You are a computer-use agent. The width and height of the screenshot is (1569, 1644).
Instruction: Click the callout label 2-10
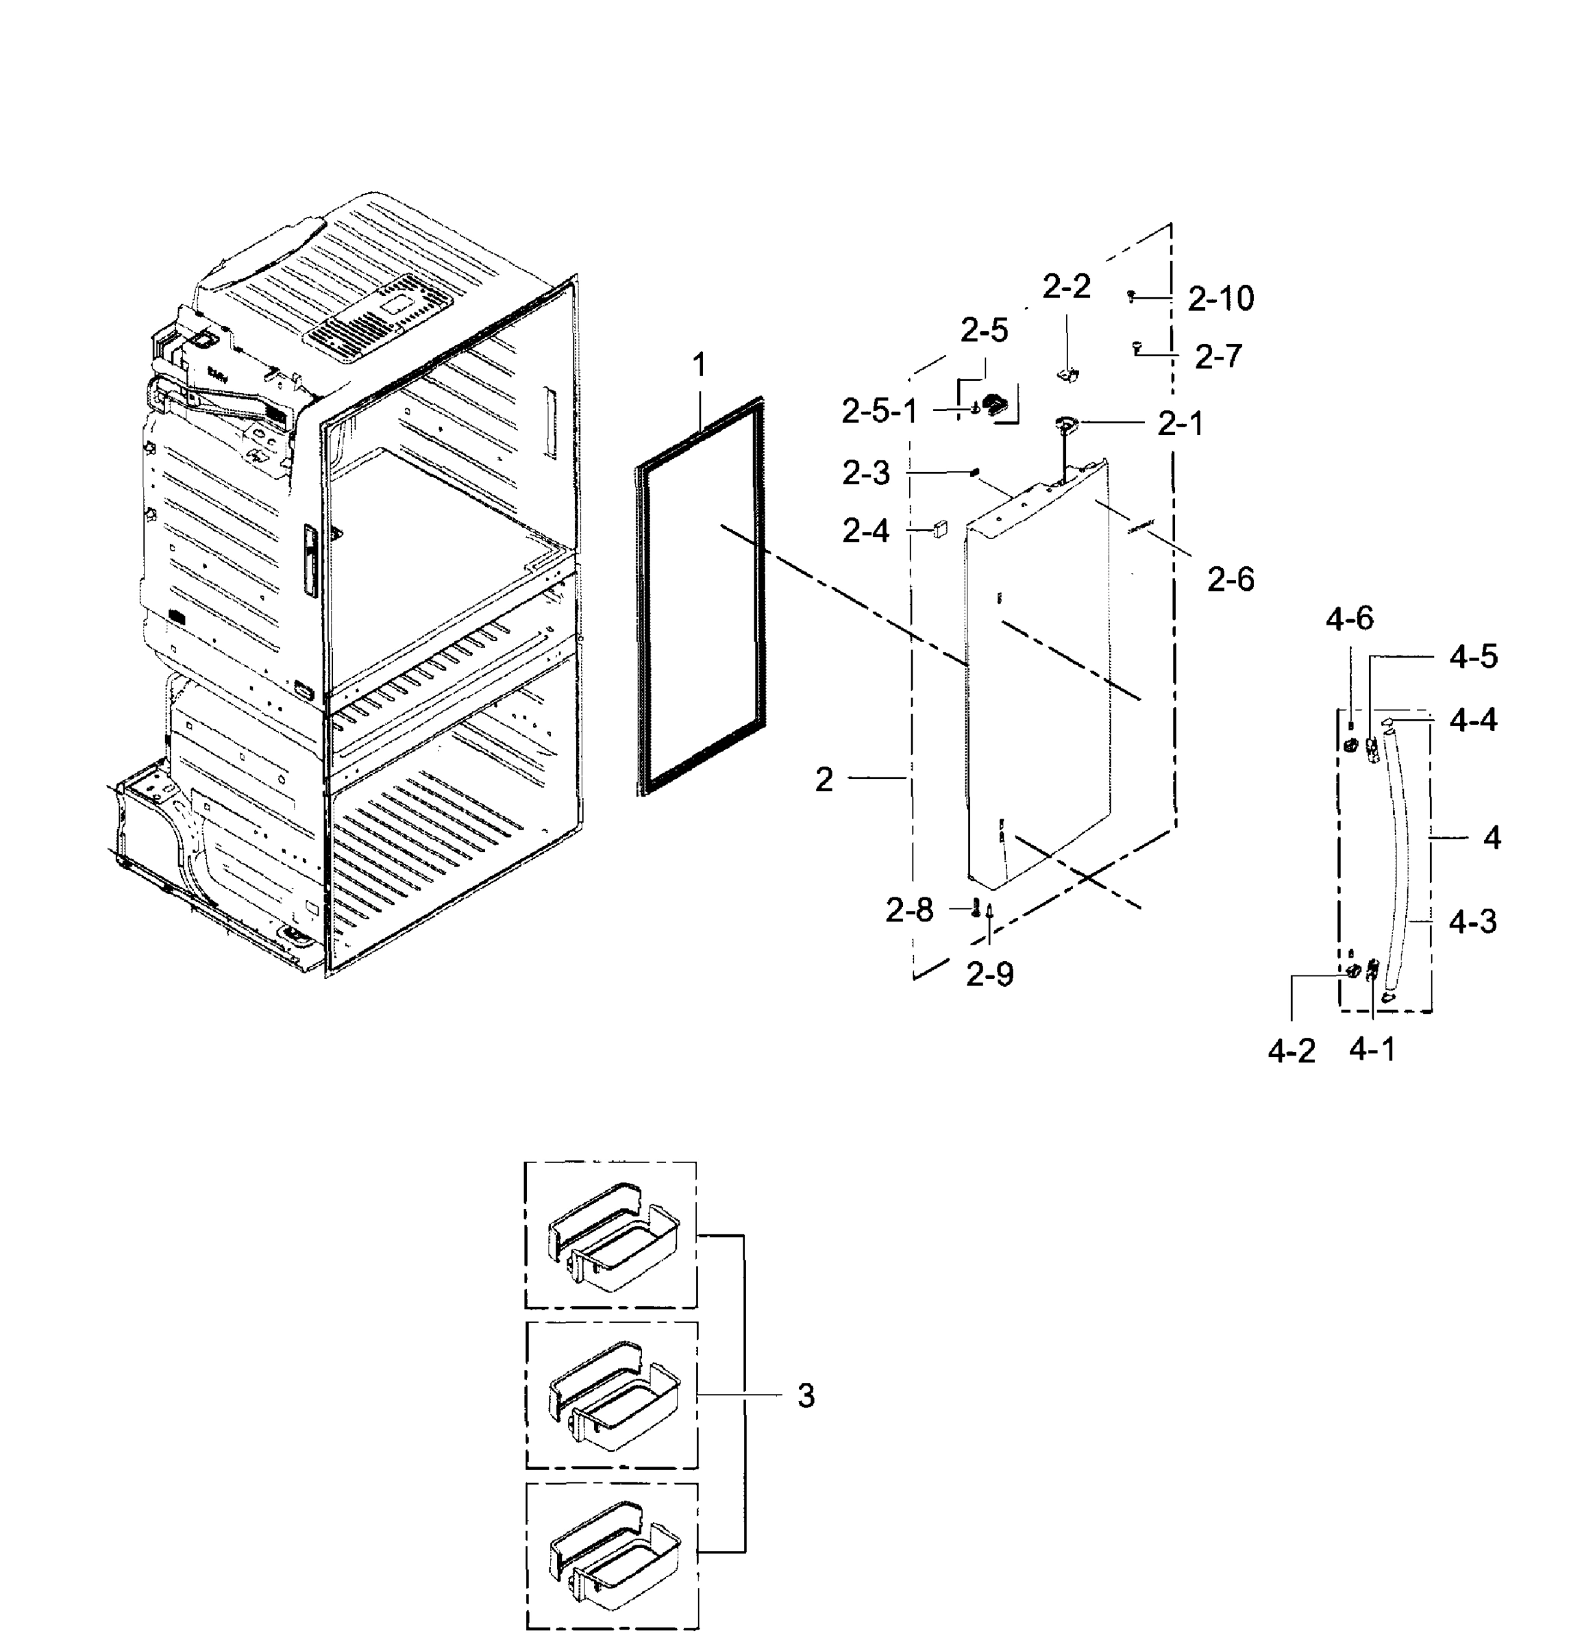(1221, 299)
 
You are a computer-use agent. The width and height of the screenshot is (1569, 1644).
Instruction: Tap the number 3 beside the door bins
(806, 1395)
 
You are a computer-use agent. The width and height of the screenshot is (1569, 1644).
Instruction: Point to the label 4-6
(1349, 620)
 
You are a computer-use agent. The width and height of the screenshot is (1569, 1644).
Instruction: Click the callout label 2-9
(989, 974)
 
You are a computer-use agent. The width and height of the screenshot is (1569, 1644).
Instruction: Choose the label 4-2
(1292, 1051)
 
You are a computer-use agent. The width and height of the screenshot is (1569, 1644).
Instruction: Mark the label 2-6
(1231, 579)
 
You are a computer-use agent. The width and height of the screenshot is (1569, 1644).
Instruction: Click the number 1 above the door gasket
(699, 364)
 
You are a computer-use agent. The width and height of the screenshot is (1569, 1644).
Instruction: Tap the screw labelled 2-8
(975, 909)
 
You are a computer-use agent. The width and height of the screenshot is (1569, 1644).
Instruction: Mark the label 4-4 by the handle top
(1473, 720)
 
